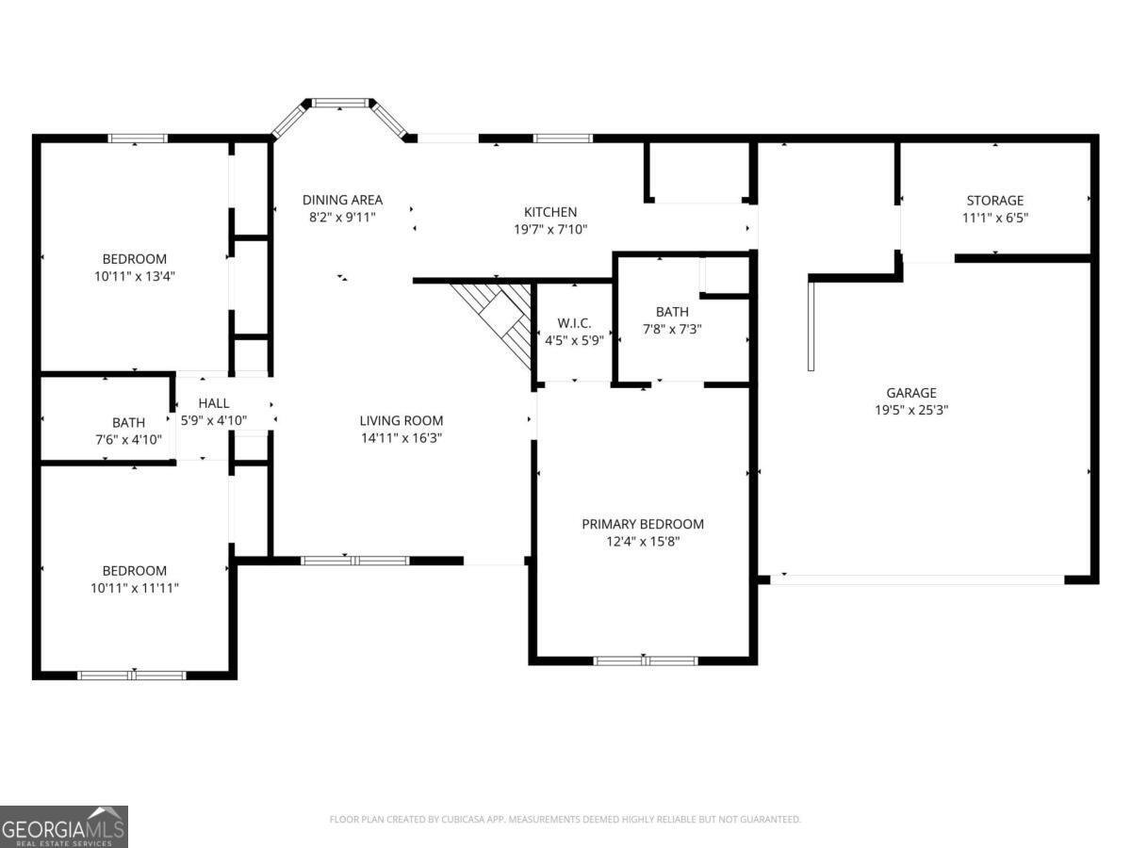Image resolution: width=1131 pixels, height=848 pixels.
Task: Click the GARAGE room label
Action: click(x=910, y=393)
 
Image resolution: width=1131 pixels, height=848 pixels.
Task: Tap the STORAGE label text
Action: click(x=994, y=201)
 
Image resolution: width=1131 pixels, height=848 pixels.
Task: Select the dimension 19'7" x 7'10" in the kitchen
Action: click(x=550, y=229)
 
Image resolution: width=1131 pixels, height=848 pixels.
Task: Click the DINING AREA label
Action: click(x=342, y=200)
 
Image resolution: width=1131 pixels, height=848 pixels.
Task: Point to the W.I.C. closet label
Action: click(x=573, y=323)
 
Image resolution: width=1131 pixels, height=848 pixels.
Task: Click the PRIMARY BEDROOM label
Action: click(x=643, y=525)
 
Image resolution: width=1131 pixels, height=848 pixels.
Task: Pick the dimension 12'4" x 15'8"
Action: click(x=643, y=542)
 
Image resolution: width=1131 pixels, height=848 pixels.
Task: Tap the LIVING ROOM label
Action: click(x=401, y=421)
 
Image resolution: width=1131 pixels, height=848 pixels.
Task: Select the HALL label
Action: click(x=213, y=403)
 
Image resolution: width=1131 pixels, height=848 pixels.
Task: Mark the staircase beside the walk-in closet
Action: click(x=498, y=316)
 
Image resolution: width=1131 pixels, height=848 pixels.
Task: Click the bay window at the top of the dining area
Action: click(x=339, y=104)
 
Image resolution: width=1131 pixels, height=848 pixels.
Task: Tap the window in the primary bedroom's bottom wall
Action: click(x=645, y=660)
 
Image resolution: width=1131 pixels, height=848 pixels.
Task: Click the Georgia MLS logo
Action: click(x=64, y=826)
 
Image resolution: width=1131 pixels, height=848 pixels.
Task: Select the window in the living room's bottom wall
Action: click(x=354, y=561)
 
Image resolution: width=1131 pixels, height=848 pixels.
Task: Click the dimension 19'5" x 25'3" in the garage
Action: click(x=910, y=410)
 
